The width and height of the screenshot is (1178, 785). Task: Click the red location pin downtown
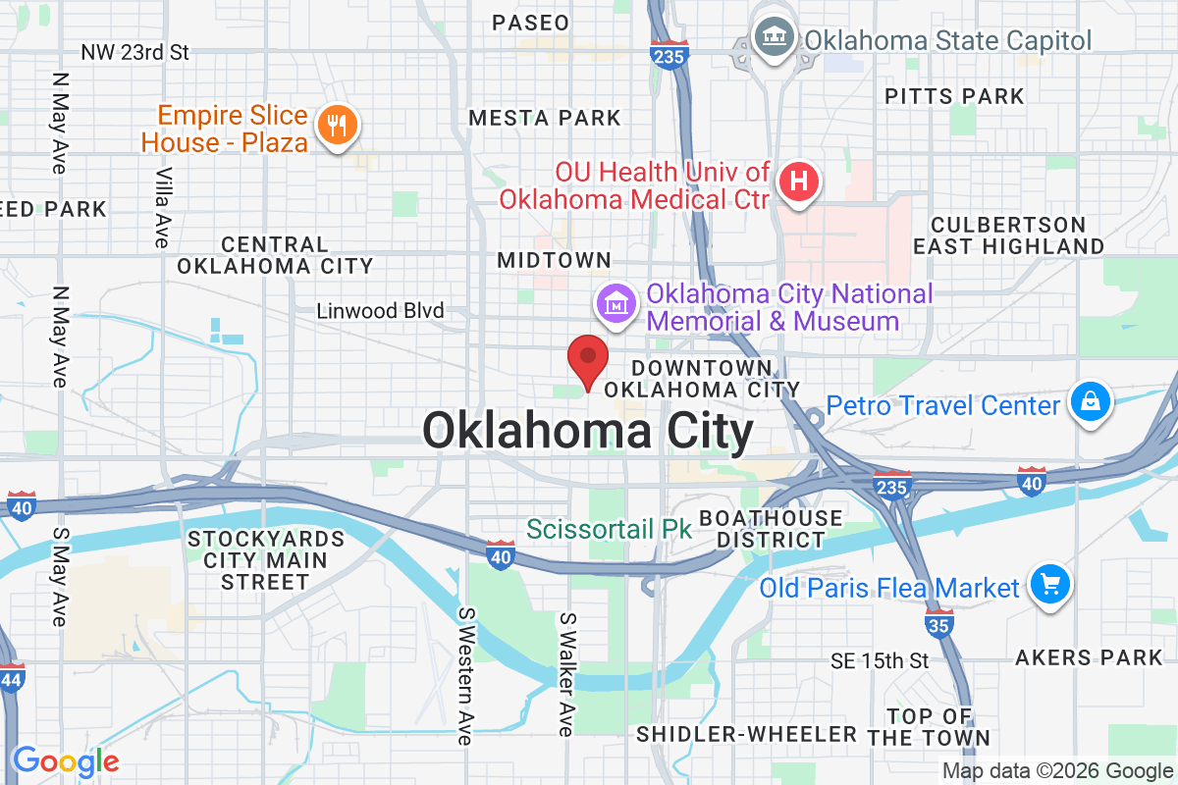pos(589,360)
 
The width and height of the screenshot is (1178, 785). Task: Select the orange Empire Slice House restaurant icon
pos(338,127)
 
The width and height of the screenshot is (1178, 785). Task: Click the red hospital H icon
pos(799,183)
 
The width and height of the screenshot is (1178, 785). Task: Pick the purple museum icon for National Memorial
pos(616,305)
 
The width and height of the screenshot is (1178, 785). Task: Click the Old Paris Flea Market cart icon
pos(1049,586)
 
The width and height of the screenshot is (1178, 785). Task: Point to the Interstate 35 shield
pos(939,621)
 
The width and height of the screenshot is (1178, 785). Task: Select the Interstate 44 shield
pos(11,678)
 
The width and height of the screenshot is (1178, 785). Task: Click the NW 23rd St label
pos(135,51)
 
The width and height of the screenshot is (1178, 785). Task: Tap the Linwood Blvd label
pos(380,311)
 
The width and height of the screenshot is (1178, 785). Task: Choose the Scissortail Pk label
pos(610,529)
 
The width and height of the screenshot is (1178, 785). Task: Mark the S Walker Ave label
pos(565,675)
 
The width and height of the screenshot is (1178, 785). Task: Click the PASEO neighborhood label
pos(530,22)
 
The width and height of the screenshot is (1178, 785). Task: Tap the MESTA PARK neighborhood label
pos(545,118)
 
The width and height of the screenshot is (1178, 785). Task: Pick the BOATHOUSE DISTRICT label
pos(771,528)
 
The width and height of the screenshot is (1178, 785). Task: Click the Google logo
pos(66,759)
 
